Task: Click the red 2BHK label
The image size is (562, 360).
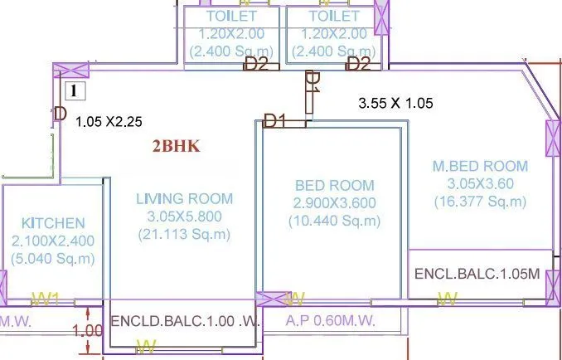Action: (x=176, y=147)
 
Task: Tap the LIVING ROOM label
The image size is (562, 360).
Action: (x=184, y=199)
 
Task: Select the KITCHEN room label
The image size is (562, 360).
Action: (x=53, y=223)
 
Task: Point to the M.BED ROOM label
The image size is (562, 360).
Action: (x=479, y=167)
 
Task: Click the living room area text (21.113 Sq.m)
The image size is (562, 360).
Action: (x=184, y=236)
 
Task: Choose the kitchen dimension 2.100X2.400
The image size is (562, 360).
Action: (x=53, y=241)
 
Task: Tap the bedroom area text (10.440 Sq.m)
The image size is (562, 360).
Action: (x=334, y=221)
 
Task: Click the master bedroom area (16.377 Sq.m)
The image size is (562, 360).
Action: (x=479, y=202)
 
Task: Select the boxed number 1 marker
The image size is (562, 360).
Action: (x=75, y=90)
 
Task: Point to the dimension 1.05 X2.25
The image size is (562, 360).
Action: (x=109, y=121)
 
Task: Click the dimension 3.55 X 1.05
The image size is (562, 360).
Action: (x=395, y=104)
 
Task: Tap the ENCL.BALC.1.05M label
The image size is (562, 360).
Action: (x=477, y=274)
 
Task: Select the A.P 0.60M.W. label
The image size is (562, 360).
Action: (x=330, y=320)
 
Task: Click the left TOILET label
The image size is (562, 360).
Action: (x=231, y=16)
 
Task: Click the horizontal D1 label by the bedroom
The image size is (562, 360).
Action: (x=274, y=122)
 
